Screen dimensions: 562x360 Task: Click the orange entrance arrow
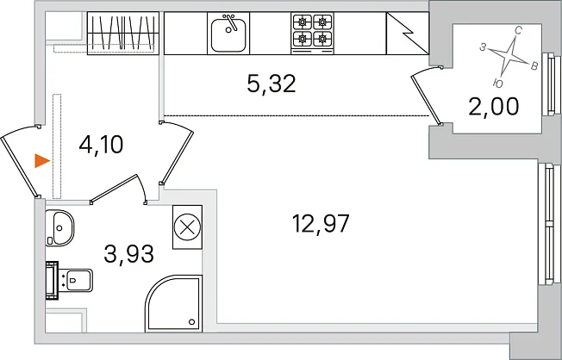[x=41, y=161]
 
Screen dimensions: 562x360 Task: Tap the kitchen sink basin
[x=228, y=35]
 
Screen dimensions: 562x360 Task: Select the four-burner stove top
[x=312, y=34]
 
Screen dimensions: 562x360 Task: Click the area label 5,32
[x=272, y=84]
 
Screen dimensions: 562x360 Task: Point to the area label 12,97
[x=321, y=224]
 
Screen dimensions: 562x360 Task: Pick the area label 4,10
[x=101, y=145]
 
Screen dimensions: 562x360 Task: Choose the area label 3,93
[x=128, y=253]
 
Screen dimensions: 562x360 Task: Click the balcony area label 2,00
[x=494, y=107]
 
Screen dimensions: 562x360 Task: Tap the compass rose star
[x=509, y=56]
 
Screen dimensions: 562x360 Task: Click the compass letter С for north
[x=518, y=31]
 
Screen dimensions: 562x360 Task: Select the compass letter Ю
[x=498, y=84]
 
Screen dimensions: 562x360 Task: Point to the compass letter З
[x=483, y=47]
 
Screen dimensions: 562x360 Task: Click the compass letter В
[x=534, y=66]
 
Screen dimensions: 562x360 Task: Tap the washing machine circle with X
[x=187, y=227]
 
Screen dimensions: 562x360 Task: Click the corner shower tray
[x=173, y=304]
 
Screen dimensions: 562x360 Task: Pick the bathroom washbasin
[x=59, y=228]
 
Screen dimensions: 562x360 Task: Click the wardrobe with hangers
[x=123, y=34]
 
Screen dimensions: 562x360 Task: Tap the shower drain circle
[x=191, y=322]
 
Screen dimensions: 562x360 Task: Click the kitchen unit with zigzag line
[x=408, y=34]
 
